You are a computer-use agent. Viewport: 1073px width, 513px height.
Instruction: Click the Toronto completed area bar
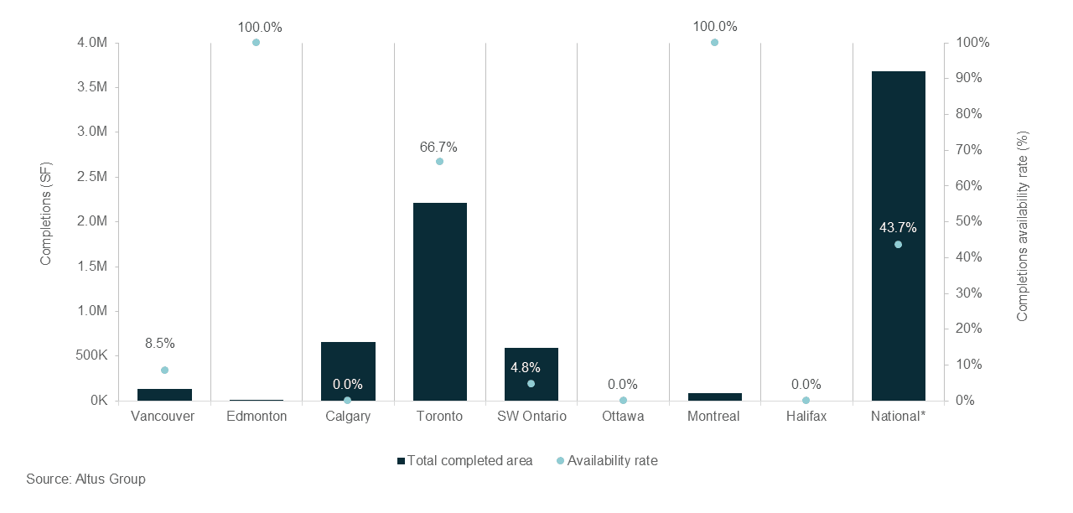coord(439,302)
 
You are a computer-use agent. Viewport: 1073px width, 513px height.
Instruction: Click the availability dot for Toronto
coord(439,161)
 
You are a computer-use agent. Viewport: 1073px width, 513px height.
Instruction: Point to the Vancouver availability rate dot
coord(164,370)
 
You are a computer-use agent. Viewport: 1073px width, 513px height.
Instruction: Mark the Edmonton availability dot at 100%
coord(256,42)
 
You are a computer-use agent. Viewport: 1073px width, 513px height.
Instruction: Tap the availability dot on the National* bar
coord(898,245)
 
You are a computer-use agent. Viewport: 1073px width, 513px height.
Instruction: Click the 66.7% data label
coord(438,147)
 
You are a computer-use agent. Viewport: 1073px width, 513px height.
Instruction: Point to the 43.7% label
coord(898,227)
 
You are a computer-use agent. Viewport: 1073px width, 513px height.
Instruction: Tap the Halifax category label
coord(806,417)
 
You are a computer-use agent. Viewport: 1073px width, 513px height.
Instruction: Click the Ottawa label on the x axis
coord(622,417)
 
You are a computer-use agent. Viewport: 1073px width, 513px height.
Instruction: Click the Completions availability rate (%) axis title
coord(1022,225)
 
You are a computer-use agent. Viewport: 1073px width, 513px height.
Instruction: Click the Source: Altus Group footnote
coord(86,479)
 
